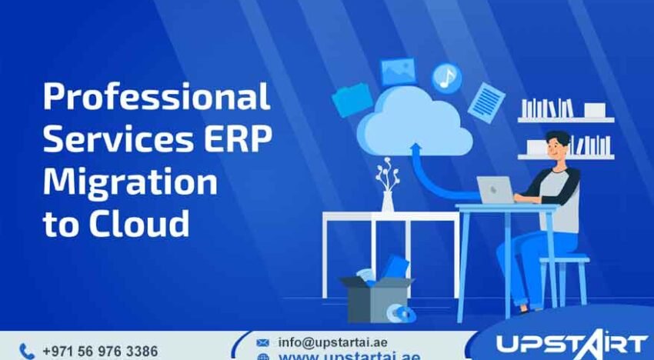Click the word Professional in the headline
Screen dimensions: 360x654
click(156, 98)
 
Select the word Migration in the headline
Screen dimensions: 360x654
click(129, 182)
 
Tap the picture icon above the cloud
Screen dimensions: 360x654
click(398, 72)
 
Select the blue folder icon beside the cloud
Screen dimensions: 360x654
click(352, 101)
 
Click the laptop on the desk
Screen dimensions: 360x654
click(496, 190)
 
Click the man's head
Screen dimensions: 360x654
click(558, 146)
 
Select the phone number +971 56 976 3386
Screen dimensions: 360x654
click(100, 351)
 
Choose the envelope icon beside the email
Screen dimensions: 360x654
click(262, 342)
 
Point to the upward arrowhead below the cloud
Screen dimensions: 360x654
click(417, 148)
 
